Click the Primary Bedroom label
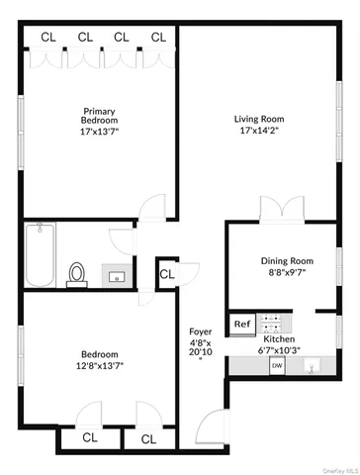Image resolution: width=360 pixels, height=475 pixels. (100, 116)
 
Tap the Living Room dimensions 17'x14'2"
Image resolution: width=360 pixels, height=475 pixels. (260, 131)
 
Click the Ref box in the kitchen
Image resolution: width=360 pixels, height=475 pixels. (241, 324)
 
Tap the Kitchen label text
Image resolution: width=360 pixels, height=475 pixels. (279, 338)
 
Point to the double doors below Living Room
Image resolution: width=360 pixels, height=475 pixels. (274, 209)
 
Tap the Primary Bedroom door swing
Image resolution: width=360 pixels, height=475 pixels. (152, 211)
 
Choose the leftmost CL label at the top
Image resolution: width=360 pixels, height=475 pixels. (47, 38)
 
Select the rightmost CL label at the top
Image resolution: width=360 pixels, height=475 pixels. (158, 38)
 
